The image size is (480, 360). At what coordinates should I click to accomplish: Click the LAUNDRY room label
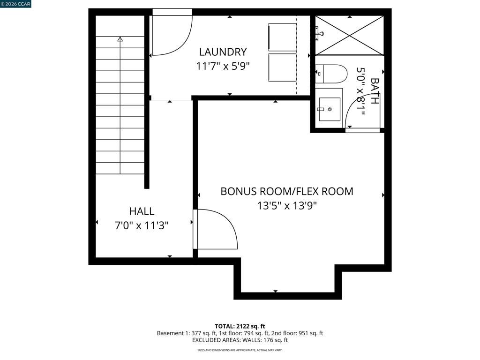tap(223, 52)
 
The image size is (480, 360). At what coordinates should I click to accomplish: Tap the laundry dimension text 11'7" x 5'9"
tap(223, 66)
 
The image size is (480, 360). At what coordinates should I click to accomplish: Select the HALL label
tap(142, 211)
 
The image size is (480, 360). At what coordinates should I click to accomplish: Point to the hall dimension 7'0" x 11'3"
tap(142, 225)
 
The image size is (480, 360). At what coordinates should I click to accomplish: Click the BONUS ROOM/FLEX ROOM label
tap(287, 191)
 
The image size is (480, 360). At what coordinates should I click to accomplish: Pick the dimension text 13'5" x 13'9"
tap(287, 205)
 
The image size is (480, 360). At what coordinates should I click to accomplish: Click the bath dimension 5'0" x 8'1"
tap(360, 91)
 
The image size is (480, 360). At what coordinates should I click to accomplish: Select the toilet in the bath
tap(331, 74)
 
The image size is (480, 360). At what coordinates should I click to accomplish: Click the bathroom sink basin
tap(330, 109)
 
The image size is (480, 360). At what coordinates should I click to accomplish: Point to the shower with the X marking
tap(349, 35)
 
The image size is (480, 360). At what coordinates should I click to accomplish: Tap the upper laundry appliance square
tap(282, 37)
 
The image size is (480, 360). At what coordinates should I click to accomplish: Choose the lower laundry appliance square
tap(282, 67)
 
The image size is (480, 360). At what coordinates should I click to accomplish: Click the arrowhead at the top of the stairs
tap(120, 40)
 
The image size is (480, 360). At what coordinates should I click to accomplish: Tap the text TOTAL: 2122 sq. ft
tap(240, 326)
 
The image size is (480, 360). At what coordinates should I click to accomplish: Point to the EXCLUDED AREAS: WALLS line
tap(240, 340)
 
